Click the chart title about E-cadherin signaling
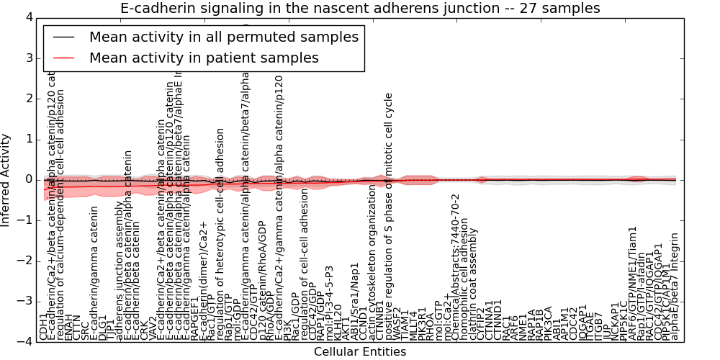[359, 8]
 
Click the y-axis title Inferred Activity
[6, 179]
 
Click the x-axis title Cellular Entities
[359, 352]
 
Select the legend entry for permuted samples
[223, 37]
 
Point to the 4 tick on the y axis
[27, 17]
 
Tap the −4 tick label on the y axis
[24, 342]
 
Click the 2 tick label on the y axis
[27, 98]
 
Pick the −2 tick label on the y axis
[24, 261]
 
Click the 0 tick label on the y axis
[27, 179]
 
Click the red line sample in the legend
[62, 58]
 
